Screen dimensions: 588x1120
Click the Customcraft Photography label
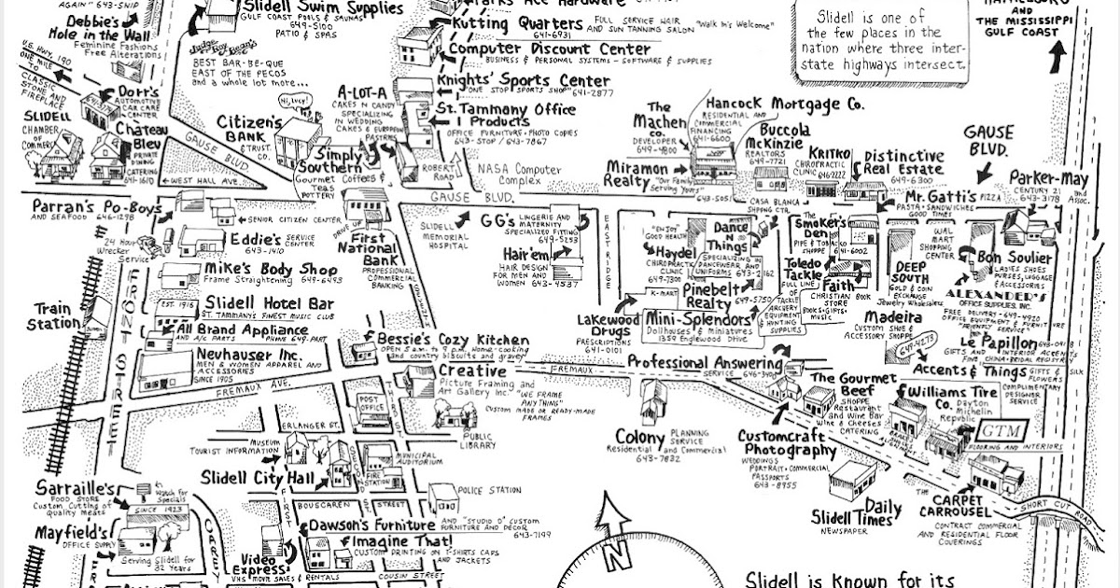click(786, 443)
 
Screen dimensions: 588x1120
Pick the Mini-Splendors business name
click(698, 320)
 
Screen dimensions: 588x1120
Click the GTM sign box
click(1001, 430)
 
